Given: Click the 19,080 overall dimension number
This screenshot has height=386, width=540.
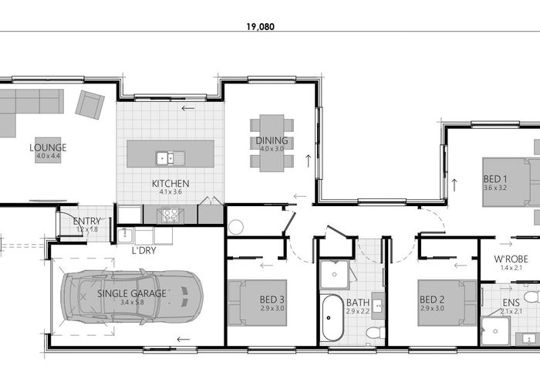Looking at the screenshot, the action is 261,26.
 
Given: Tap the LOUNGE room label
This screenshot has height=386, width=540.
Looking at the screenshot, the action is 48,147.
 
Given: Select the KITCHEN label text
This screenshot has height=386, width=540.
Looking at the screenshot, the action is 170,184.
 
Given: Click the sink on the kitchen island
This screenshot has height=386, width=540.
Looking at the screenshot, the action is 170,158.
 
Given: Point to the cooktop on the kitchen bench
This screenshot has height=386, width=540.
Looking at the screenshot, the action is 170,215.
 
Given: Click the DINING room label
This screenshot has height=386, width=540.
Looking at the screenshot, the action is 272,141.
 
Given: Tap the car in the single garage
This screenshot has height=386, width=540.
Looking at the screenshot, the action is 132,297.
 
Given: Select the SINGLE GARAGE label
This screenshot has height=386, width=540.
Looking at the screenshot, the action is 132,293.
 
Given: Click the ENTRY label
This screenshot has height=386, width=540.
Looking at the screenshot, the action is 86,221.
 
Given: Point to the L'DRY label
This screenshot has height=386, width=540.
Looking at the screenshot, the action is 144,251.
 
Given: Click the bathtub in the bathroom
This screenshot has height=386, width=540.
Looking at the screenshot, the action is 332,318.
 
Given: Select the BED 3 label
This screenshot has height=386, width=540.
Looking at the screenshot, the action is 272,300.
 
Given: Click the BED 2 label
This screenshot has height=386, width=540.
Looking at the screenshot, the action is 432,300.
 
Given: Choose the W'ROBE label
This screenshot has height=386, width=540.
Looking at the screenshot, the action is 511,259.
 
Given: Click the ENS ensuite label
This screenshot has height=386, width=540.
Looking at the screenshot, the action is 511,303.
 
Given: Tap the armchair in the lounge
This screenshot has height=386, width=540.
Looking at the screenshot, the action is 90,105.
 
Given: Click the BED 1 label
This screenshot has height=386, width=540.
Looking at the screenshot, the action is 495,179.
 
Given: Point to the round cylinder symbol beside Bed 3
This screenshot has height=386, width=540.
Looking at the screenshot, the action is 236,227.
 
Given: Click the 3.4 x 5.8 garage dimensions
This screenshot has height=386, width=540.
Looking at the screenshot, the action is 132,303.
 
